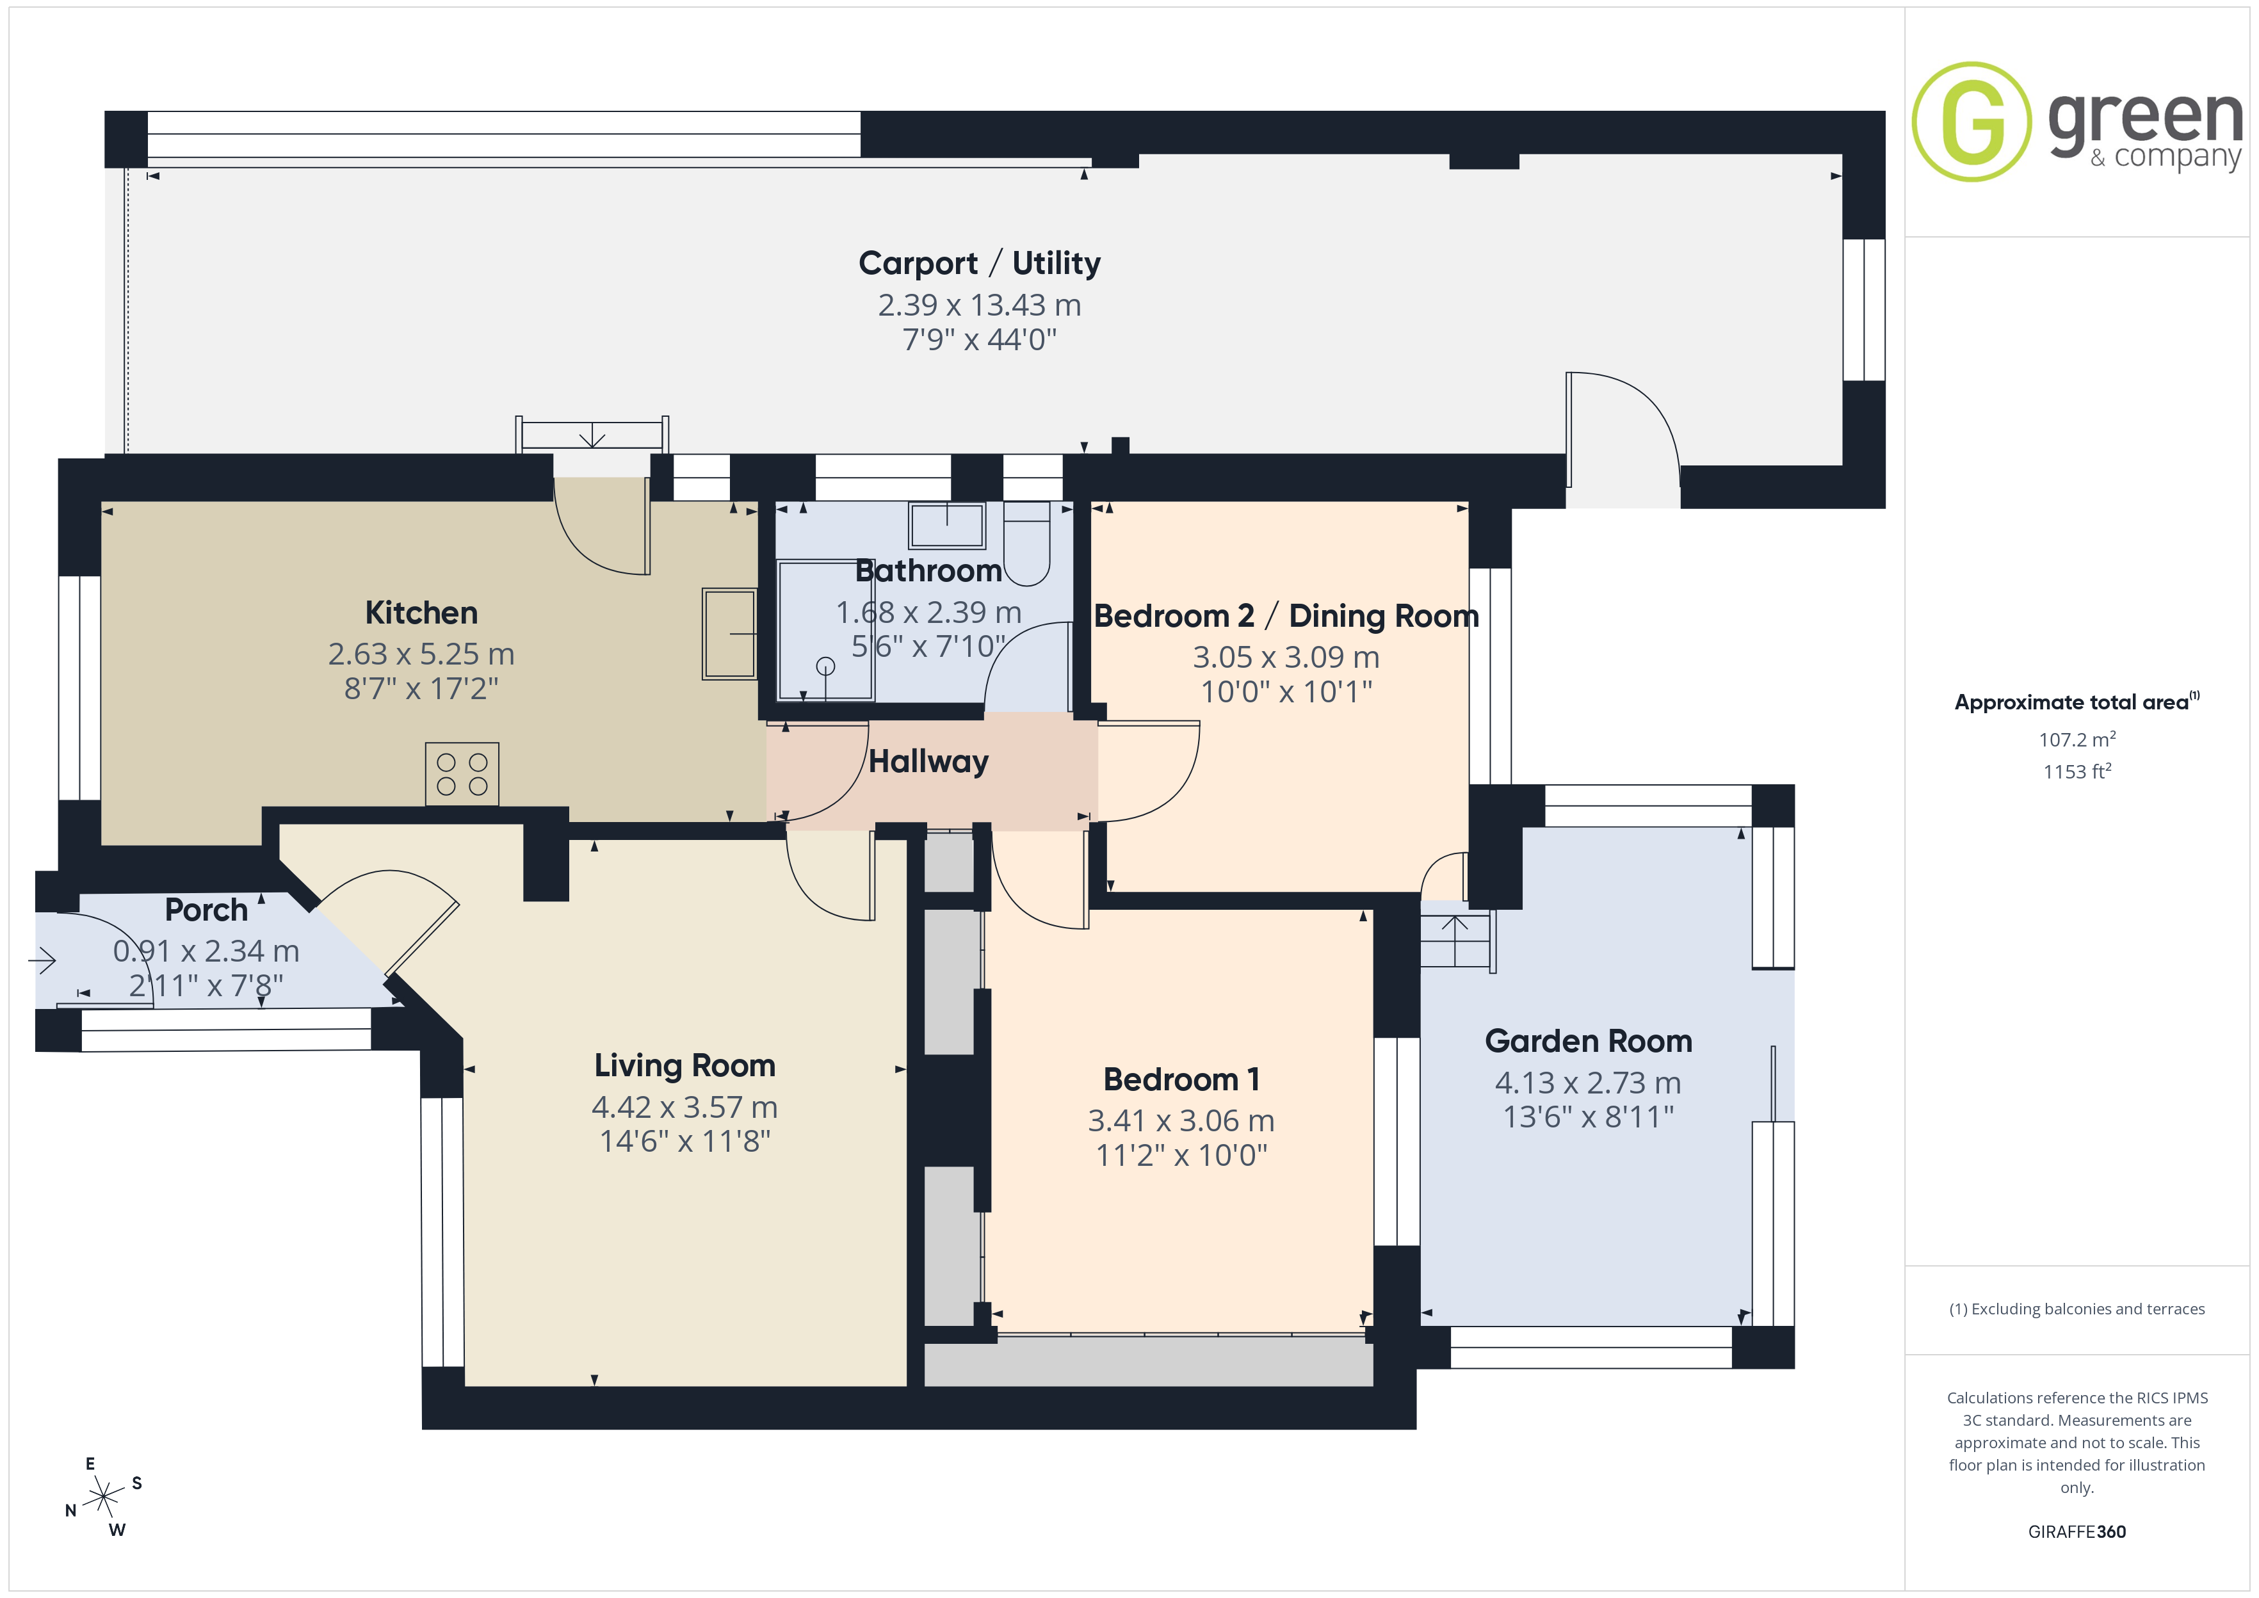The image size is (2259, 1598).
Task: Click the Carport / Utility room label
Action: click(979, 264)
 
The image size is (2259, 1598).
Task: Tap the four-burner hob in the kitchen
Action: click(462, 775)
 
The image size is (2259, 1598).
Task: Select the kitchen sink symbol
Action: click(729, 634)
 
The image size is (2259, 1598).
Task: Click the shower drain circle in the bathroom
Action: click(825, 666)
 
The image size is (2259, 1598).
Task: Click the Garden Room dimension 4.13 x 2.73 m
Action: click(1588, 1083)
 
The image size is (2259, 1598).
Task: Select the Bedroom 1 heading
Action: click(1181, 1079)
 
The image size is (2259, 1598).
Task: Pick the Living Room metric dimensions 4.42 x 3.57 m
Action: click(684, 1107)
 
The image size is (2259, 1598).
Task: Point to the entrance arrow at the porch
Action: click(42, 960)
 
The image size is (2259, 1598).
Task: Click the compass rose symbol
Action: click(103, 1497)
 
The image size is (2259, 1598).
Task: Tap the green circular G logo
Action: click(1972, 122)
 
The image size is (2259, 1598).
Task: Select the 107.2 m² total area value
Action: click(2077, 739)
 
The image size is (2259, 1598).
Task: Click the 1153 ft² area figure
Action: click(2077, 771)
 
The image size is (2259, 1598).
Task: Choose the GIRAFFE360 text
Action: click(2077, 1532)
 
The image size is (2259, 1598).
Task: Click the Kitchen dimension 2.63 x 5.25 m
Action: click(421, 654)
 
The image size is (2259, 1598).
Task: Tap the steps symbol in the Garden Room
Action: click(1456, 940)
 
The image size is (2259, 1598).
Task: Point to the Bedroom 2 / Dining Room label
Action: click(1286, 616)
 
